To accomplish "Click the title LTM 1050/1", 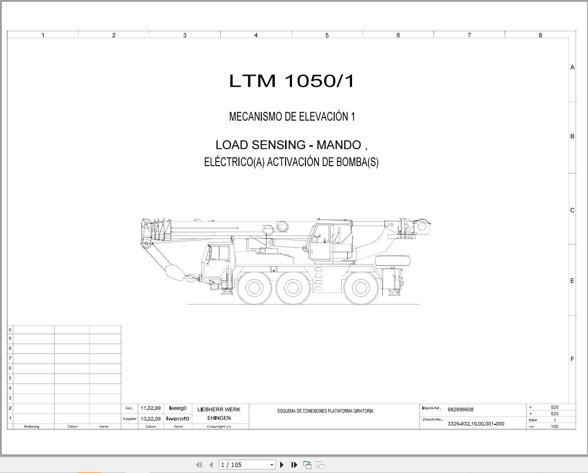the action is coord(292,81).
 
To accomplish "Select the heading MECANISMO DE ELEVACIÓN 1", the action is coord(292,117).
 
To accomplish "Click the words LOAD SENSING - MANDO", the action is coord(288,145).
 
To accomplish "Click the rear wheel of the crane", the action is coord(361,288).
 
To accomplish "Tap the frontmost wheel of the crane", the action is coord(254,288).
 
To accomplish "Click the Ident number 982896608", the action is coord(461,410).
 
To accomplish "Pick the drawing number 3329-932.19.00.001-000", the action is coord(476,424).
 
